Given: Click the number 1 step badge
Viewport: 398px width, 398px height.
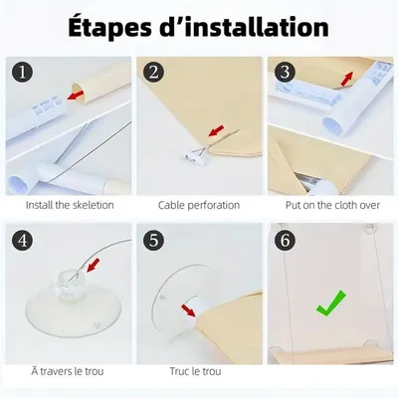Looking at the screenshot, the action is tap(23, 72).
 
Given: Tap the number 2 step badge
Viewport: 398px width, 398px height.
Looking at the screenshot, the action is tap(153, 72).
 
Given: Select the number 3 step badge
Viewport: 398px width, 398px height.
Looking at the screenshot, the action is tap(285, 72).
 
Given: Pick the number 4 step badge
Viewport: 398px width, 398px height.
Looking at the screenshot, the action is tap(23, 240).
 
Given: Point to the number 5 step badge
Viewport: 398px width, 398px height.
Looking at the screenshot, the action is tap(153, 240).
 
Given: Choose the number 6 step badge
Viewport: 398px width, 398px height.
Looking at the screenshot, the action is tap(285, 240).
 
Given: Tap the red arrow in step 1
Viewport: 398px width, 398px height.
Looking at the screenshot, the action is tap(76, 95).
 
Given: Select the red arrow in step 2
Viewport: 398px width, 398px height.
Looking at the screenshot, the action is tap(216, 130).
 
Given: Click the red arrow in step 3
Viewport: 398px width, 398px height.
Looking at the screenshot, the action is tap(347, 79).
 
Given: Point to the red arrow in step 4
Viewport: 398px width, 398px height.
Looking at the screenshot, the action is tap(94, 266).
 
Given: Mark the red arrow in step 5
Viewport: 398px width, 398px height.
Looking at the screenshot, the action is tap(188, 310).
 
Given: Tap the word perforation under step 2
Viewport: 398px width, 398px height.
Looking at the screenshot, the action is tap(213, 205).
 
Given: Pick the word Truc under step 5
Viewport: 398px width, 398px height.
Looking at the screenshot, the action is tap(179, 371).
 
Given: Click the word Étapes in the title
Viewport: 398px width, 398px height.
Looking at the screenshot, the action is tap(109, 27).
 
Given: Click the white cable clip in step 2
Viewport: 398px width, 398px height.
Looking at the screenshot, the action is tap(192, 157).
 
